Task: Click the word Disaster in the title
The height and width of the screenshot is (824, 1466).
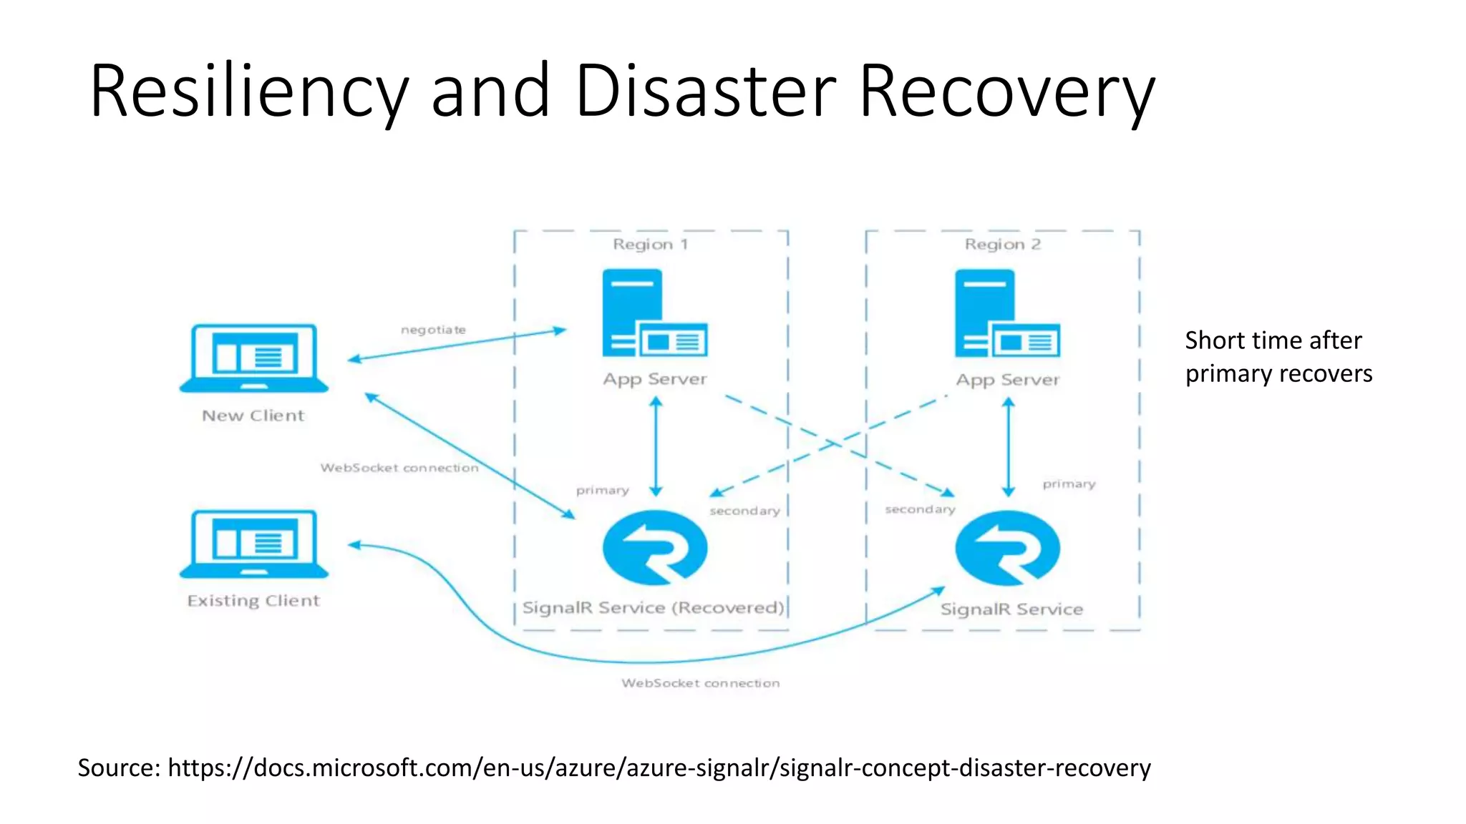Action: [705, 92]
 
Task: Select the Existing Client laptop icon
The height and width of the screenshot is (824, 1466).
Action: [254, 544]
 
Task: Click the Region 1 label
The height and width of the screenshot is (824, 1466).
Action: [650, 245]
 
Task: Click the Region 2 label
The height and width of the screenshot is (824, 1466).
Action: [1002, 245]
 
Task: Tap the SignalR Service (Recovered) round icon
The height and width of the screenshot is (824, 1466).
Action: [655, 548]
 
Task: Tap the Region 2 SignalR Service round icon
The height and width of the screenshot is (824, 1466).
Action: [1007, 548]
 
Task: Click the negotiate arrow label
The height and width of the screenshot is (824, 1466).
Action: [433, 330]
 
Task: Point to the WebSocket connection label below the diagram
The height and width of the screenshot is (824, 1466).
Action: [700, 683]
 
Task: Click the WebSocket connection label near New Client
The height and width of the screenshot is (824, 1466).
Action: [399, 468]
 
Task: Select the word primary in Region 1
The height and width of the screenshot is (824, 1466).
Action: [602, 491]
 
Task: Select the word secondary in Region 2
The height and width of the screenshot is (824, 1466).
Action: [920, 509]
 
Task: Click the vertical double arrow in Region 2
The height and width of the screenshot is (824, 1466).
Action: [1008, 447]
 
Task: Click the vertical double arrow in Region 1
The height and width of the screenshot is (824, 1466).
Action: [656, 447]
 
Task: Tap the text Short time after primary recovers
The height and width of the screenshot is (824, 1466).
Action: [1278, 357]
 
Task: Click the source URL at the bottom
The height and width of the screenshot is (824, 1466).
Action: [659, 767]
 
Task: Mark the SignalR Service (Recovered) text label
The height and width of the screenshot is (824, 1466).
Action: [653, 608]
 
